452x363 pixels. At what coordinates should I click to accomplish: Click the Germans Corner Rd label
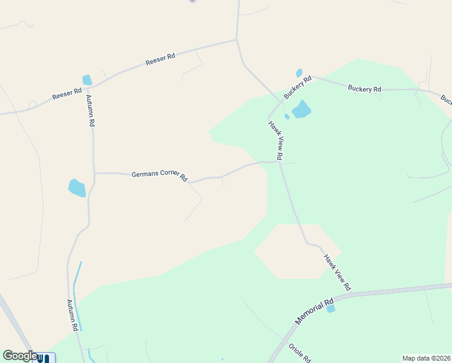click(x=160, y=175)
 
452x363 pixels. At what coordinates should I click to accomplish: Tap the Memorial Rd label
click(x=315, y=311)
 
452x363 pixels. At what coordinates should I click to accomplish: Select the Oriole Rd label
click(x=299, y=353)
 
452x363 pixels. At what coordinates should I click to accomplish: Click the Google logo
click(x=19, y=356)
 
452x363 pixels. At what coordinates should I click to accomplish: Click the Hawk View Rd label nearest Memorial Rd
click(x=337, y=272)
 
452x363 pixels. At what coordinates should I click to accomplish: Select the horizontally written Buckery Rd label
click(x=364, y=89)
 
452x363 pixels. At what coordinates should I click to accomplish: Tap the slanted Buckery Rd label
click(x=297, y=87)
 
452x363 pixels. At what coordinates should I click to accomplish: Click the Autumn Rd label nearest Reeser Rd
click(x=91, y=111)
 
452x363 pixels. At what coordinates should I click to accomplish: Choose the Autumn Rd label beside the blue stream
click(x=73, y=315)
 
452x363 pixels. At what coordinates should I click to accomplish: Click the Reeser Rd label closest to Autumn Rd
click(x=66, y=93)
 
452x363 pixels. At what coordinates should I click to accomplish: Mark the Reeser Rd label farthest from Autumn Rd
click(x=160, y=60)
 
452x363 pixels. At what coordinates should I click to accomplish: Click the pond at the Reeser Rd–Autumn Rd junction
click(x=87, y=80)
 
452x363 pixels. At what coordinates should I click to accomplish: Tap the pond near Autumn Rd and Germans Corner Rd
click(x=77, y=188)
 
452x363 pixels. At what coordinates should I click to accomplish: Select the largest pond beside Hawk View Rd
click(x=301, y=110)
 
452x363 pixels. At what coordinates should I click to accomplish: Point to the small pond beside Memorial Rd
click(x=331, y=309)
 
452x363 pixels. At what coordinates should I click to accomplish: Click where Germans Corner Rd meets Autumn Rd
click(x=94, y=173)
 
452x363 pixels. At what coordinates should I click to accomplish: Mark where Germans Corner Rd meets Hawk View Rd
click(x=279, y=161)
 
